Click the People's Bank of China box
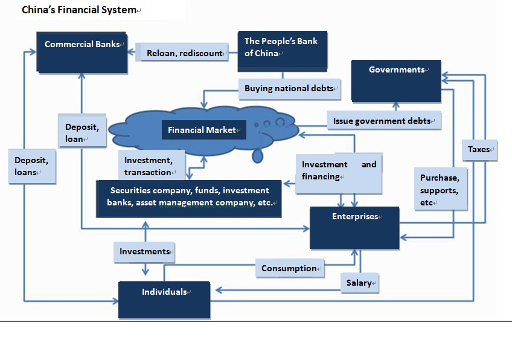(283, 51)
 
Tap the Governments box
(396, 80)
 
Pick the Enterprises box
(354, 227)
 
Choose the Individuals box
(164, 299)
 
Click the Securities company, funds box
(190, 198)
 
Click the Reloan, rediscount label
(185, 54)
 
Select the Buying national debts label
(290, 89)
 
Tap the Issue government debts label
(383, 121)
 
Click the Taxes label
(481, 149)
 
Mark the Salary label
(360, 283)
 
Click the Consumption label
(290, 268)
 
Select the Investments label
(144, 251)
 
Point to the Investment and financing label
(339, 172)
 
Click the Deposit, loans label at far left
(33, 166)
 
